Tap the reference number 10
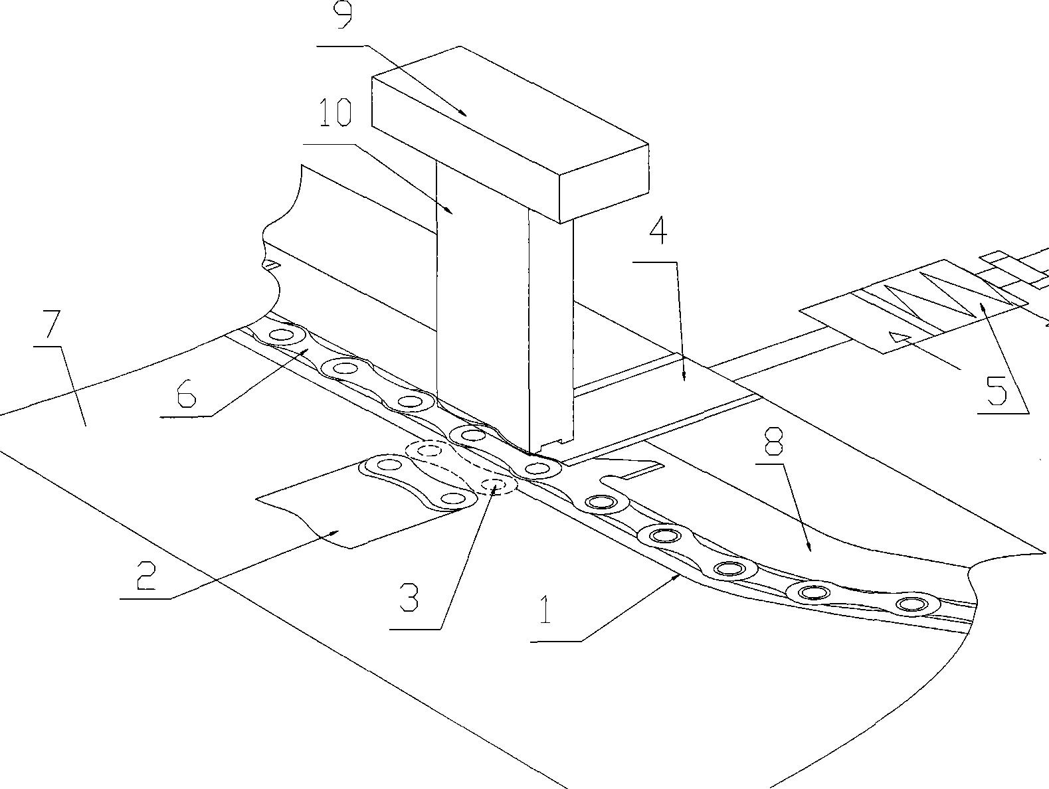(335, 112)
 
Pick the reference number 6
(187, 392)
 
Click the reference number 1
(545, 610)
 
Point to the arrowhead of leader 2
(336, 531)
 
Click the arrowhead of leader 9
(465, 115)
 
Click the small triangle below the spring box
(898, 336)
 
